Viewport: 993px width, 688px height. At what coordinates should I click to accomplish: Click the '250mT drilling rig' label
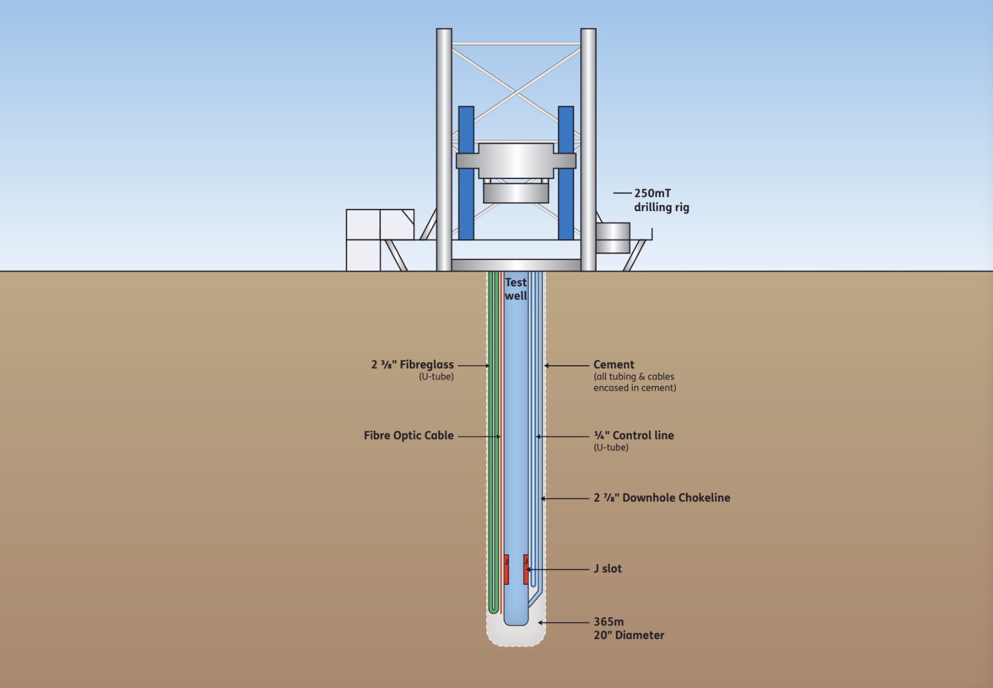click(661, 200)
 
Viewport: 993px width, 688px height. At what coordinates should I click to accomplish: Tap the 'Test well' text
click(516, 289)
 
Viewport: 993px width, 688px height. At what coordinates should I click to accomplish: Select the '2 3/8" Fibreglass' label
click(412, 365)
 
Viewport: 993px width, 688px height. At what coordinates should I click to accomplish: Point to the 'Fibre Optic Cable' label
click(409, 436)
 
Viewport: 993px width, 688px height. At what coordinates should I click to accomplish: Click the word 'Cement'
click(614, 365)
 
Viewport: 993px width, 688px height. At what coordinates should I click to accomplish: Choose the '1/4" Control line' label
click(634, 436)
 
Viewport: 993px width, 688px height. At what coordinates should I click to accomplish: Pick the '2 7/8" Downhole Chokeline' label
click(662, 498)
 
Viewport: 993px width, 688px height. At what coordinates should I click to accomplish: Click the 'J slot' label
click(607, 569)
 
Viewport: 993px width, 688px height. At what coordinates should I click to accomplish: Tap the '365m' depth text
click(609, 622)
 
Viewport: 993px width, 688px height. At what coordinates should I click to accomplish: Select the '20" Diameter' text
click(629, 635)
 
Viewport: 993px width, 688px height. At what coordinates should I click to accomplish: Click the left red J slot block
click(506, 569)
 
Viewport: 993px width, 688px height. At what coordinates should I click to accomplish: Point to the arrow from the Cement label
click(566, 365)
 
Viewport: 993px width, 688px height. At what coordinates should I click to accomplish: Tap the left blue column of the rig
click(466, 173)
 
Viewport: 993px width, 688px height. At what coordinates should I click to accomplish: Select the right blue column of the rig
click(566, 173)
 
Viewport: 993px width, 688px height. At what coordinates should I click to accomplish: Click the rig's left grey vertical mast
click(444, 149)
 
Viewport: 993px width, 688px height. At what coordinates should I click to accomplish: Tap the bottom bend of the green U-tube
click(494, 609)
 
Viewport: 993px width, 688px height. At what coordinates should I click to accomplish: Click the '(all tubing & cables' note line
click(634, 377)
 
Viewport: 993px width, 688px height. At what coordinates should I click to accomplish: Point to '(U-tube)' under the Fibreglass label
click(436, 377)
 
